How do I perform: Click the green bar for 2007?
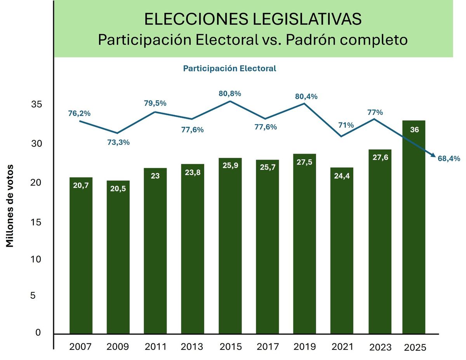point(81,256)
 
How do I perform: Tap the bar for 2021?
point(342,252)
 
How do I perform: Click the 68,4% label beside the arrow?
point(449,158)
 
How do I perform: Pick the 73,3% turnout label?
point(118,142)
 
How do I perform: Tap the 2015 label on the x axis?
point(230,346)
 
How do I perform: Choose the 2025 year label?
point(415,347)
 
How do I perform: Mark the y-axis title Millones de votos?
point(10,206)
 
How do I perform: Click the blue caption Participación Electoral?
point(230,69)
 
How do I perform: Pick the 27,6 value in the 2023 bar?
point(379,157)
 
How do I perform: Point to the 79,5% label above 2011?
point(155,103)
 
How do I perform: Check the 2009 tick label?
point(118,346)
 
